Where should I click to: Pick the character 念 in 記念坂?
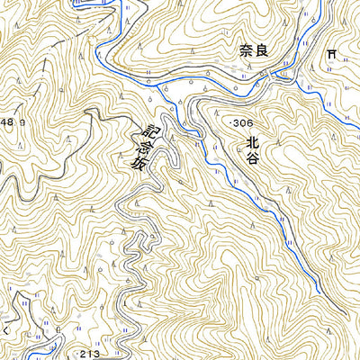135,147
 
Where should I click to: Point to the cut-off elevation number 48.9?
8,121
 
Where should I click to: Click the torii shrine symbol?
332,55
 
